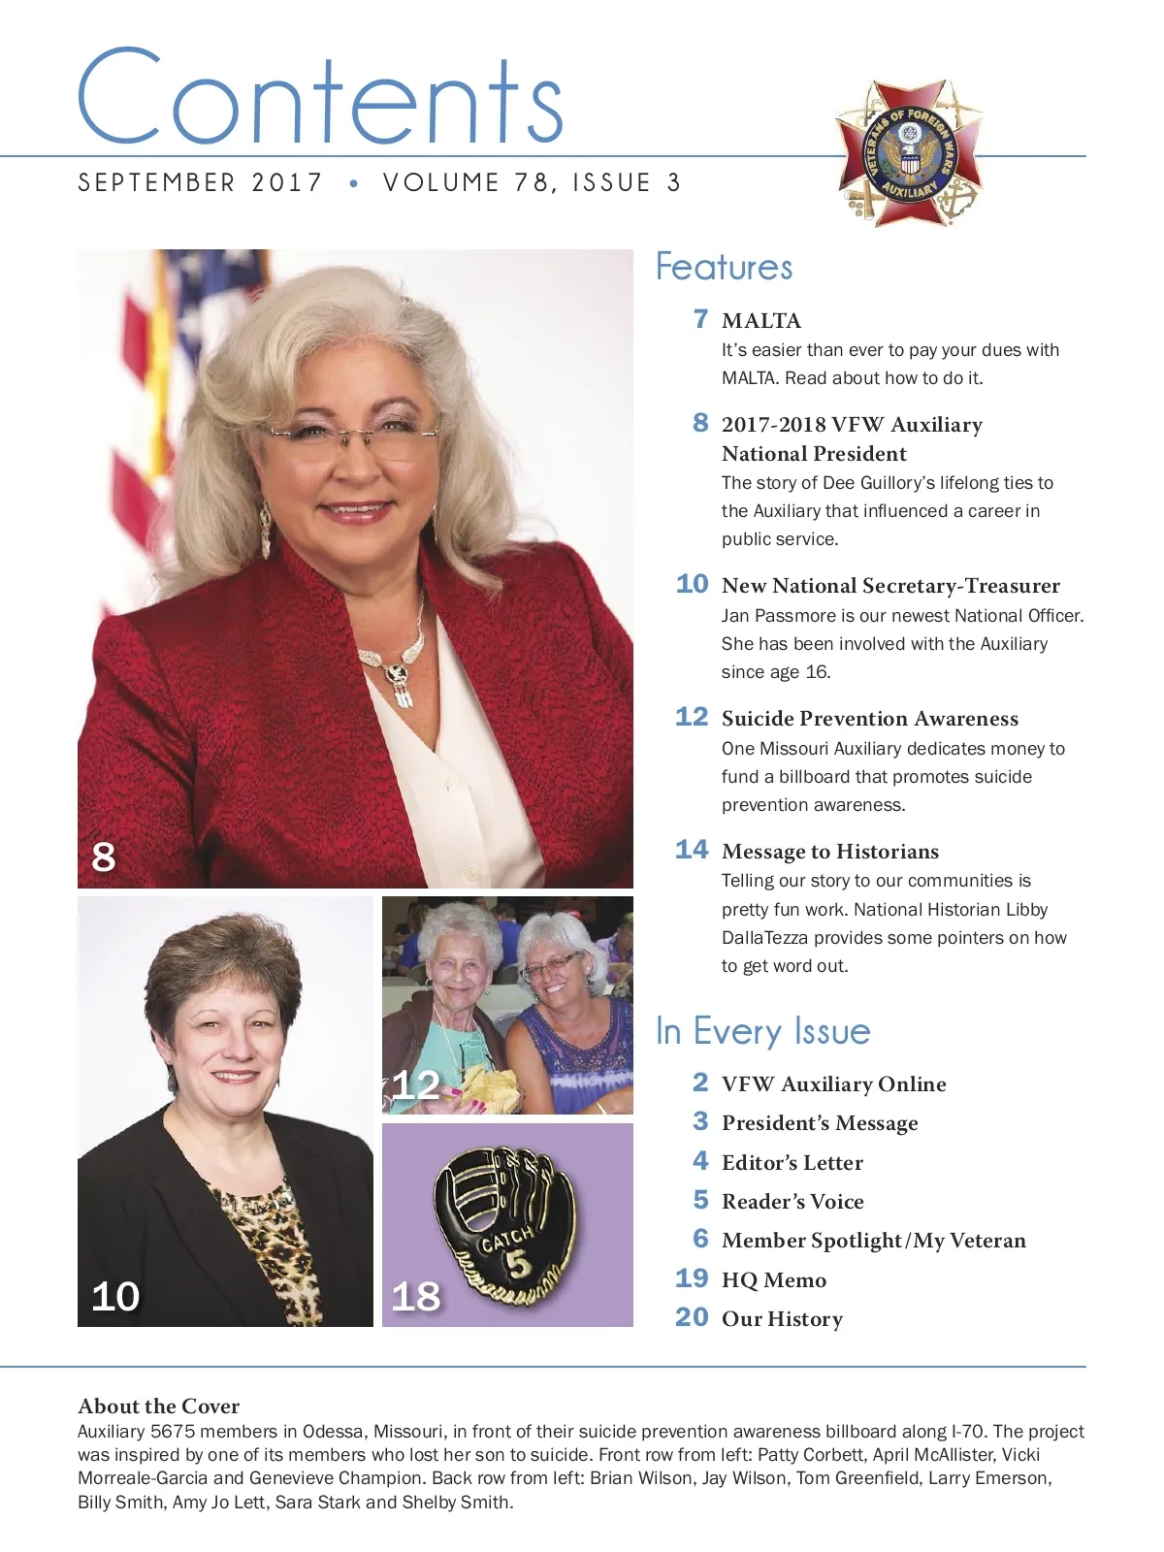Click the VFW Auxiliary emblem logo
click(x=909, y=153)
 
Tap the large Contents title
click(x=320, y=99)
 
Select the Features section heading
click(x=724, y=267)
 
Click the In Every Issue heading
click(x=762, y=1031)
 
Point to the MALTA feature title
click(x=761, y=321)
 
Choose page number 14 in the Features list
click(x=692, y=850)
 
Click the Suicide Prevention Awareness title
click(x=869, y=719)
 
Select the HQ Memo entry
click(x=773, y=1280)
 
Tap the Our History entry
click(x=782, y=1319)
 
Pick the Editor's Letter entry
click(x=792, y=1163)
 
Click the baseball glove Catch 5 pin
click(x=504, y=1225)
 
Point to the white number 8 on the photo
click(x=104, y=857)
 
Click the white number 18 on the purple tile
click(x=415, y=1297)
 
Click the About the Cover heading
click(x=158, y=1406)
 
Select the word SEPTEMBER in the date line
click(x=156, y=182)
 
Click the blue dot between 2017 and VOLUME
click(x=353, y=183)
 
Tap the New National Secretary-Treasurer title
click(x=890, y=586)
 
